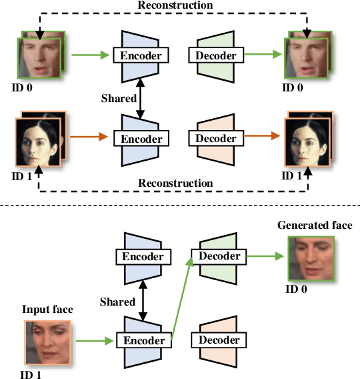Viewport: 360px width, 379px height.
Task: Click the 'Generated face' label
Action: [315, 226]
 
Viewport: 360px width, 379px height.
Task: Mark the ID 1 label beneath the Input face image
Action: [32, 373]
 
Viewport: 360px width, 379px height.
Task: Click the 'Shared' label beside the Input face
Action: [118, 302]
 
